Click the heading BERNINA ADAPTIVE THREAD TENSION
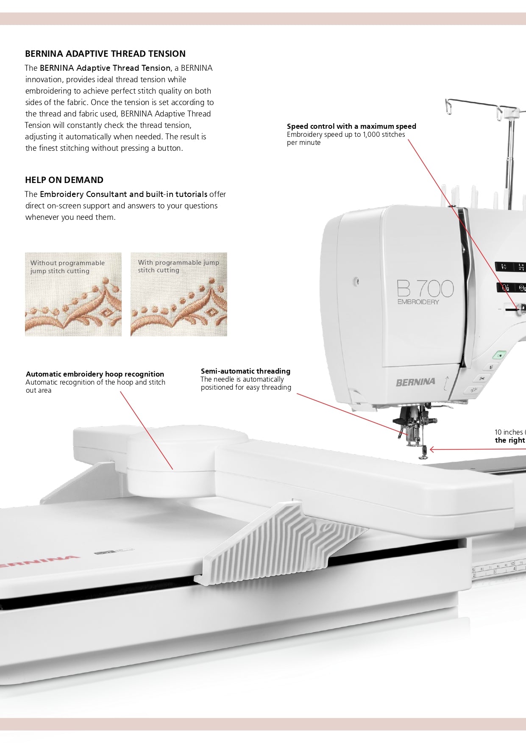tap(105, 54)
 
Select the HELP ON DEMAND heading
tap(64, 180)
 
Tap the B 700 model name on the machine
tap(425, 288)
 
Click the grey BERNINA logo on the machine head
tap(415, 382)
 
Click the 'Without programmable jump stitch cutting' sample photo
tap(73, 294)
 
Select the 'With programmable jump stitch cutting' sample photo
tap(178, 294)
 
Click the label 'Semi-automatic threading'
tap(245, 371)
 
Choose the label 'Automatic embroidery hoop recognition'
tap(95, 374)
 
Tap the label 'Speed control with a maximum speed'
tap(351, 126)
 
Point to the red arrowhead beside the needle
tap(432, 449)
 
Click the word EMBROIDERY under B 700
tap(418, 302)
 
